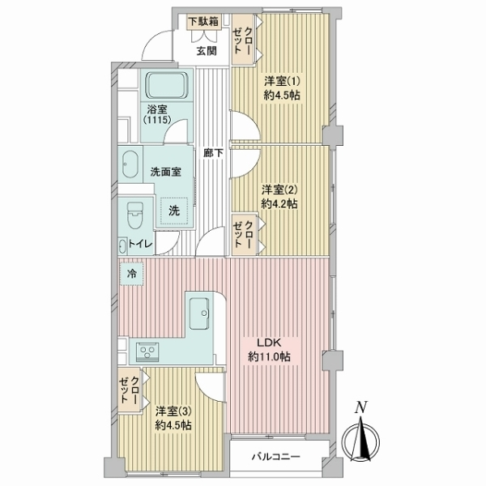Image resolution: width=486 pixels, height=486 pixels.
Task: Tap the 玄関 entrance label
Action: click(206, 50)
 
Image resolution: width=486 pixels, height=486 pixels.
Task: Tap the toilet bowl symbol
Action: click(135, 215)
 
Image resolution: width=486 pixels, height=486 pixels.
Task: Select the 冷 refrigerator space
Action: click(131, 275)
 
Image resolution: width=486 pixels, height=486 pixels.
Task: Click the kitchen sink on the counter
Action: click(198, 310)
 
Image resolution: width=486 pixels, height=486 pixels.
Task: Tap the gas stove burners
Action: click(147, 352)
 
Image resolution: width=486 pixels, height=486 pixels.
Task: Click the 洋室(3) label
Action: click(173, 417)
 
